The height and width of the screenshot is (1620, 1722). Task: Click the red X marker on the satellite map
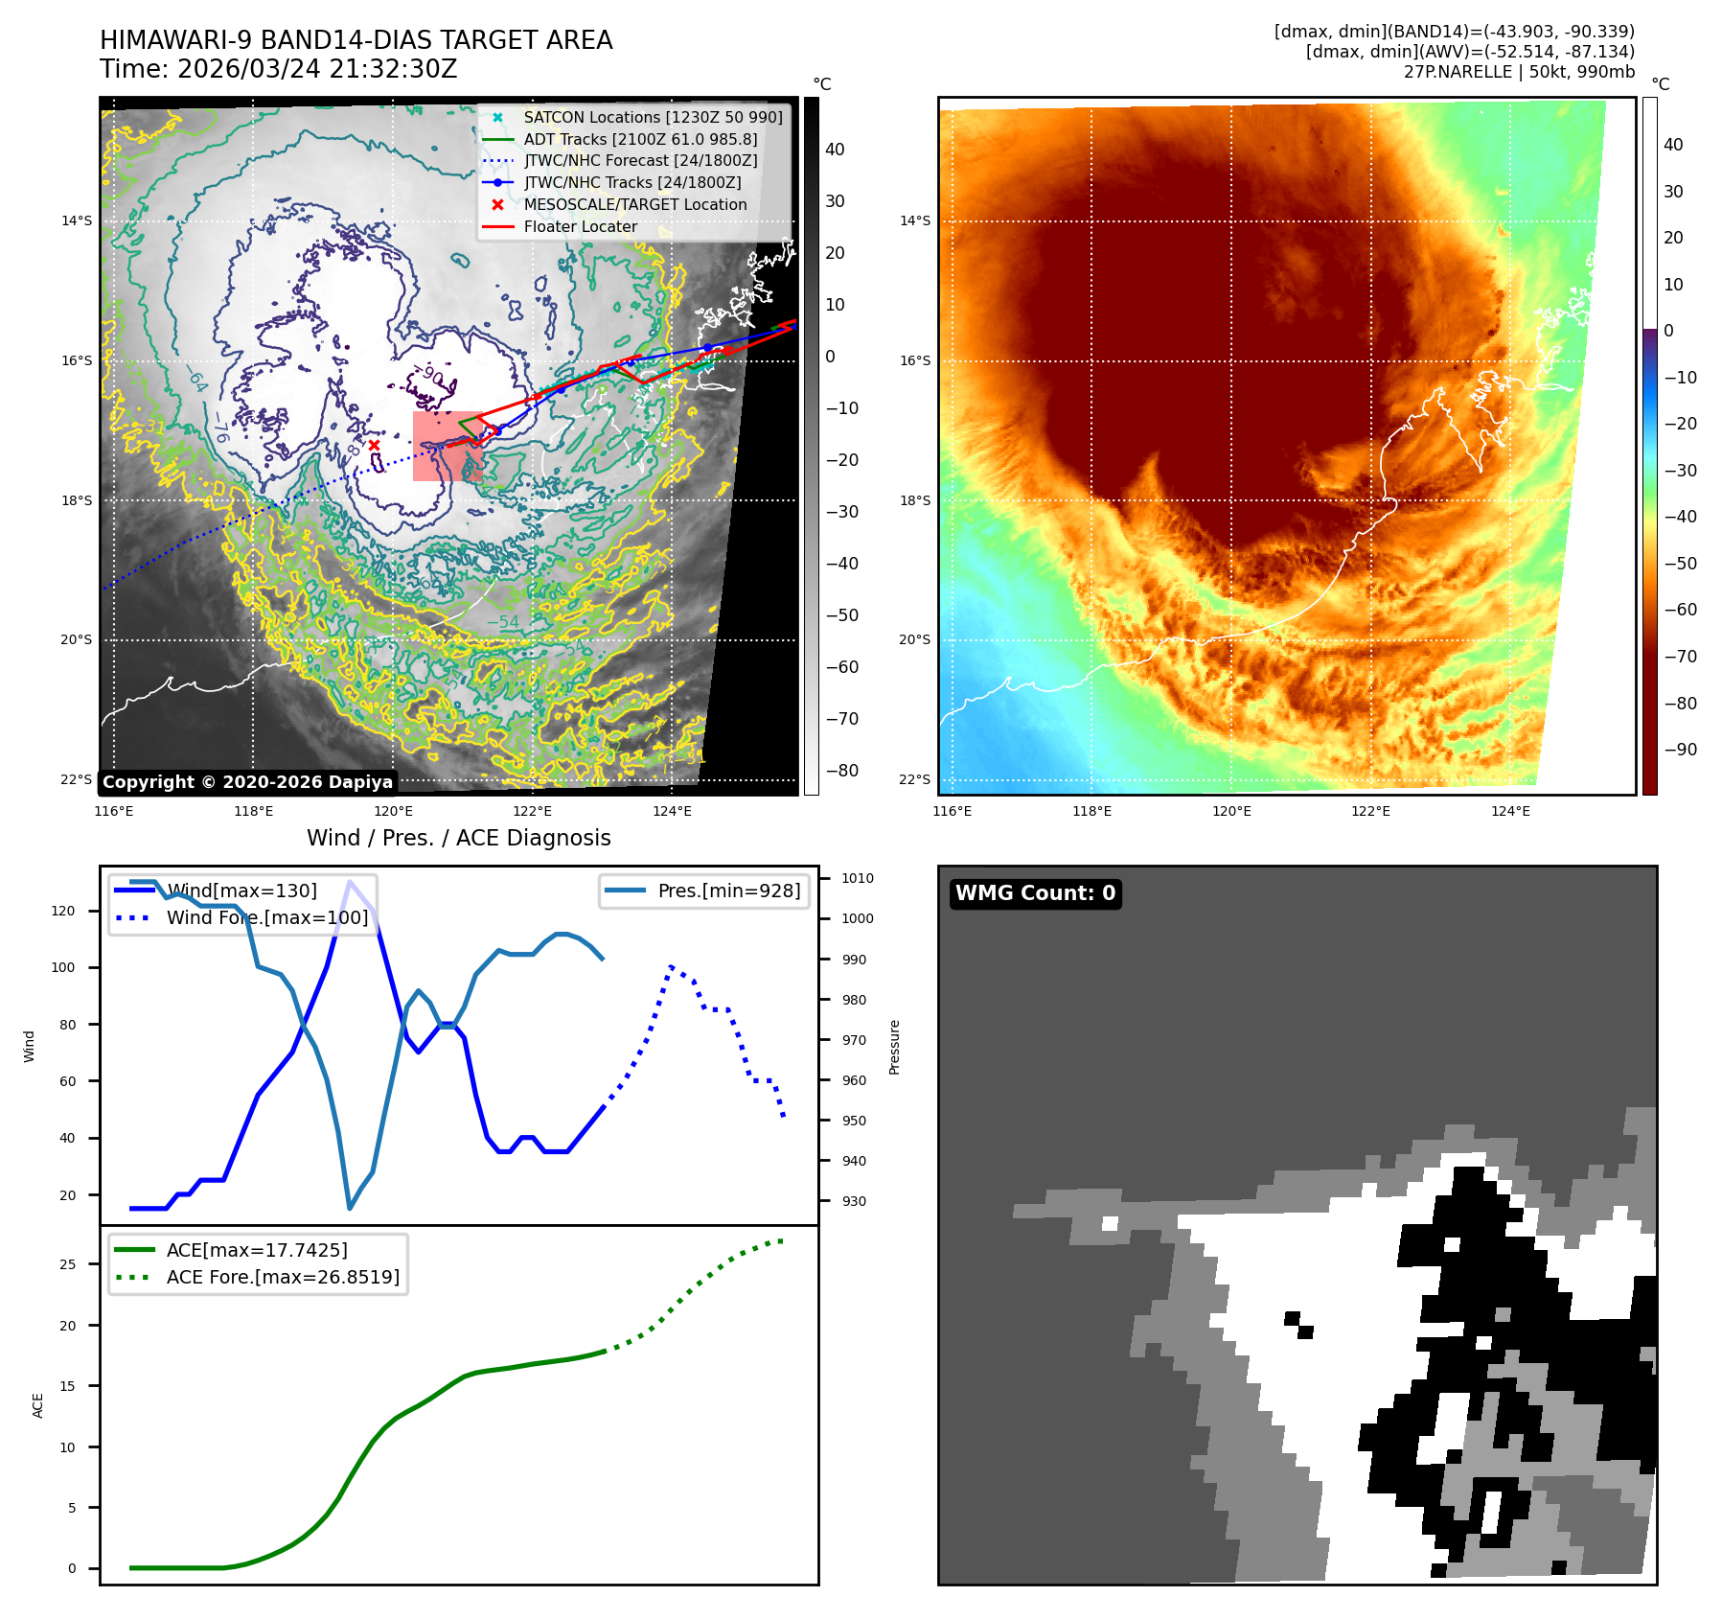(x=374, y=445)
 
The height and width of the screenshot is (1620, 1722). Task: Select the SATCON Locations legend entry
(x=653, y=117)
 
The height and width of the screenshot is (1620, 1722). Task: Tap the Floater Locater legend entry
(x=580, y=227)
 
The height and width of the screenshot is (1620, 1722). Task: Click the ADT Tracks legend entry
(x=640, y=139)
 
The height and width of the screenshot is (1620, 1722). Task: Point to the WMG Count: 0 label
(x=1035, y=893)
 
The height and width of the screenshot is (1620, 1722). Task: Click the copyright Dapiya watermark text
(x=247, y=782)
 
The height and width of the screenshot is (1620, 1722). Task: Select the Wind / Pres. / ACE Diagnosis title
(x=458, y=838)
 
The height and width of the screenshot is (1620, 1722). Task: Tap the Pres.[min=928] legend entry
(x=728, y=891)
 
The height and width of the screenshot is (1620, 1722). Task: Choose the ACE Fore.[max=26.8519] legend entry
(x=283, y=1277)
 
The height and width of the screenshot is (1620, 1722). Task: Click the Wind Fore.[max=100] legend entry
(x=266, y=917)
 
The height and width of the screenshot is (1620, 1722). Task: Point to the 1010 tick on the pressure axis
(x=857, y=878)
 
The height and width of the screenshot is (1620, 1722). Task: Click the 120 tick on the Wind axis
(x=63, y=911)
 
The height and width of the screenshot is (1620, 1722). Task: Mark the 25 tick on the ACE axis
(x=67, y=1264)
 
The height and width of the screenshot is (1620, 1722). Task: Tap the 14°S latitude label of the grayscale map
(x=77, y=221)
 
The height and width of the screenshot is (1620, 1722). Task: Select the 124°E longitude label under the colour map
(x=1510, y=812)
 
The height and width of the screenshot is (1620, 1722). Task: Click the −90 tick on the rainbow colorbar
(x=1680, y=750)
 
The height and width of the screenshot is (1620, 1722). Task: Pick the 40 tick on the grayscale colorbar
(x=835, y=150)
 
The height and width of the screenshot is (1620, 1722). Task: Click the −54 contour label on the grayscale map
(x=502, y=622)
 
